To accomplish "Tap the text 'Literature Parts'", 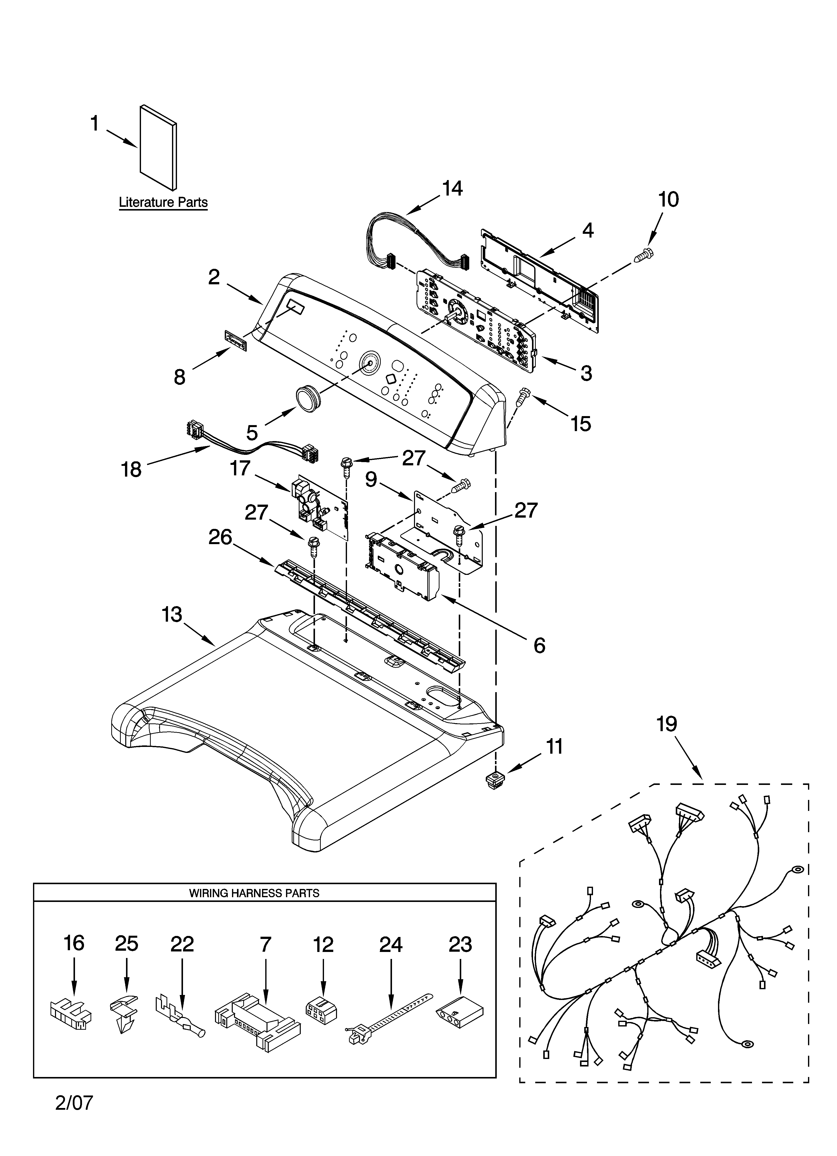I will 163,202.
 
